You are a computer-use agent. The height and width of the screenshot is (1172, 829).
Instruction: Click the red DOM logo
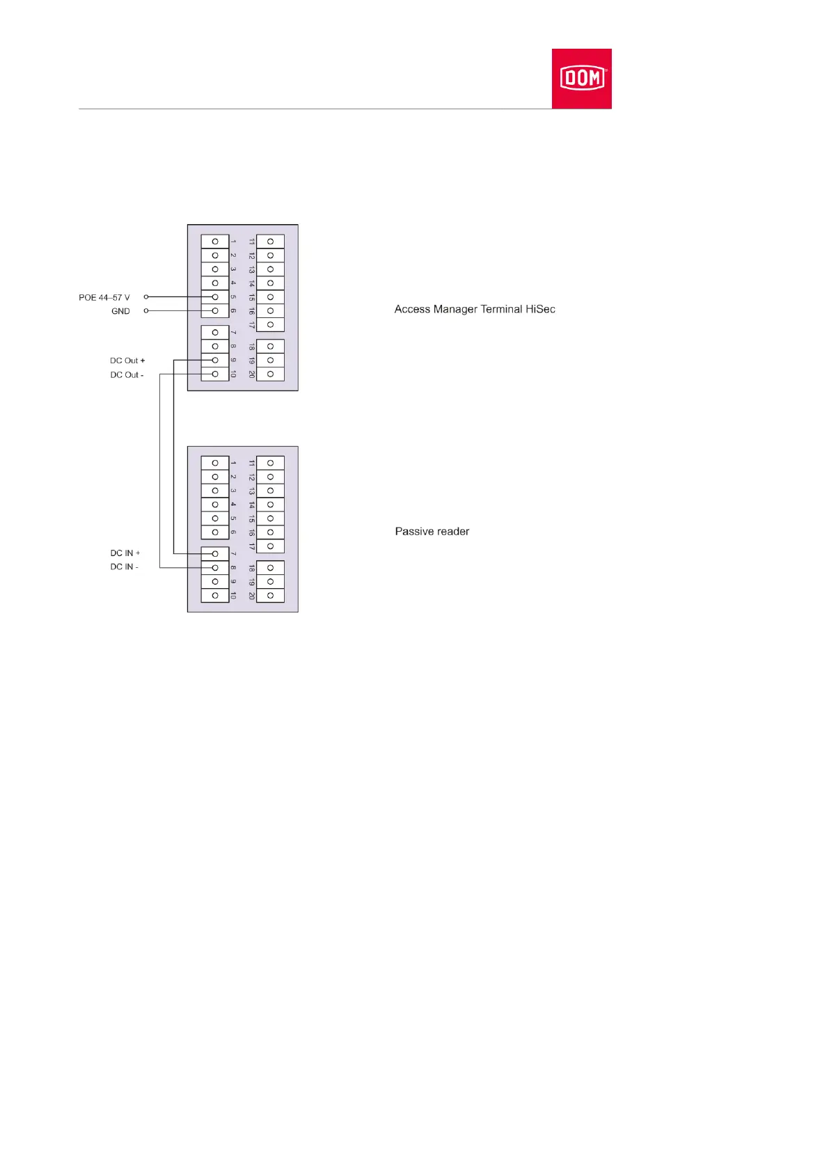(581, 78)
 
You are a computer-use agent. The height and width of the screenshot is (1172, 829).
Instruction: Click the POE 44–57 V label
(104, 297)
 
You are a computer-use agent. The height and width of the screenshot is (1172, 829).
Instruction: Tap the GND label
(120, 311)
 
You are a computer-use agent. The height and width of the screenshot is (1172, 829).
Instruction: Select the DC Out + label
(127, 361)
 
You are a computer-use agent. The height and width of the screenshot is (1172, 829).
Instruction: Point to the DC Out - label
(127, 374)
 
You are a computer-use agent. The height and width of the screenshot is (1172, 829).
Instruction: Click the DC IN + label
(125, 553)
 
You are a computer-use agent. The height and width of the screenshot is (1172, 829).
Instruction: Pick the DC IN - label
(125, 567)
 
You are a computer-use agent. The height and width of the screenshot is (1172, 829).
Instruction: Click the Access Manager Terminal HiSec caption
(475, 309)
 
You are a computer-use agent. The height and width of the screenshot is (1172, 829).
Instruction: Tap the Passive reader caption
(432, 531)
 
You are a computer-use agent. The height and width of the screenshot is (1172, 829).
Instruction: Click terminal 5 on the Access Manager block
(215, 297)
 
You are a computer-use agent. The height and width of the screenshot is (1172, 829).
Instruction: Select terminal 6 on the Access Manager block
(215, 311)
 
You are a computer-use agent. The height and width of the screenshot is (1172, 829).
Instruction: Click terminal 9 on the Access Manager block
(215, 361)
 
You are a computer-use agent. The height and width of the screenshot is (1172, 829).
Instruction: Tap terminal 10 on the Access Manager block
(215, 374)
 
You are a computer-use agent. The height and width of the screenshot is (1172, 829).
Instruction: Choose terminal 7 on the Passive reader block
(215, 554)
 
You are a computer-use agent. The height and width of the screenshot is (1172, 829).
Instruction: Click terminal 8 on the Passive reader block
(215, 568)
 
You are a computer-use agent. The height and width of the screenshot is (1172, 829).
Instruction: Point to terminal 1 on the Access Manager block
(215, 241)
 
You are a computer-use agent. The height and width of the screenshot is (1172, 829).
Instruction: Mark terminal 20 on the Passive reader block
(270, 596)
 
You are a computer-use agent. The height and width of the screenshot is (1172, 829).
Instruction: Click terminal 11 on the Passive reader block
(270, 463)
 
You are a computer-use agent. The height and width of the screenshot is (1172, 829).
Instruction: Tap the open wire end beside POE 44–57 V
(146, 297)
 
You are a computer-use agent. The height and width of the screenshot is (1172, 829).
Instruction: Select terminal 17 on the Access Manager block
(270, 325)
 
